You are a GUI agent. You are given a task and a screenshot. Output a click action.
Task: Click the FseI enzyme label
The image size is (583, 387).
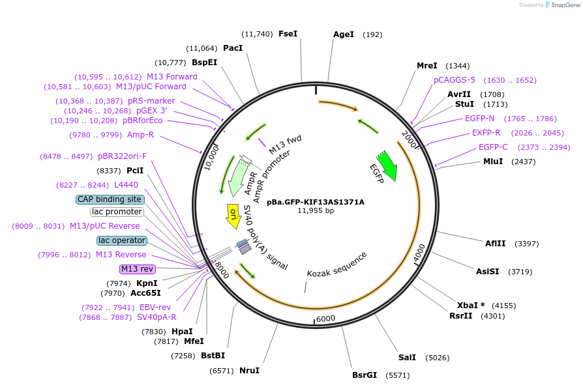click(x=288, y=34)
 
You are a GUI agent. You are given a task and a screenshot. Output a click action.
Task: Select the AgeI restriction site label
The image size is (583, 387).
click(x=344, y=35)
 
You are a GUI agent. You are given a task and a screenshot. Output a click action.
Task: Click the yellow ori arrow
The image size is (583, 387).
click(x=233, y=216)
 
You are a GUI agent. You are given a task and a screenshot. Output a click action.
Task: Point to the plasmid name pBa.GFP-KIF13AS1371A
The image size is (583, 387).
click(x=316, y=202)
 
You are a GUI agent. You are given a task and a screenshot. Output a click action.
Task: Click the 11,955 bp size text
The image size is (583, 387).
click(x=316, y=210)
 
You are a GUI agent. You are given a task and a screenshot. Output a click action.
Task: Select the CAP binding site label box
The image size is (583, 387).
click(x=110, y=199)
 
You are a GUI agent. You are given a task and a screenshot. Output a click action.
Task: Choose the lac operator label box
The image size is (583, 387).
click(x=122, y=240)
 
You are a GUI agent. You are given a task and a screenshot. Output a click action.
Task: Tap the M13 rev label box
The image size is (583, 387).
click(x=138, y=269)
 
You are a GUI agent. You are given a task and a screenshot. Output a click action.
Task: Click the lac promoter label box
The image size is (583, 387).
click(x=117, y=212)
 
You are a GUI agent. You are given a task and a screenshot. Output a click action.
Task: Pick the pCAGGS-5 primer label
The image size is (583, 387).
click(x=455, y=80)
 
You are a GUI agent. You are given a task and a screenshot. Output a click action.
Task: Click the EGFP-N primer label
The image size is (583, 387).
click(x=479, y=119)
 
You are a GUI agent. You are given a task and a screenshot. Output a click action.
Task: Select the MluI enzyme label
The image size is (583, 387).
click(x=492, y=162)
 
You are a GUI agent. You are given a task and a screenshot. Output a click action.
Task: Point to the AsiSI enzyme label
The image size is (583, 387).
click(x=487, y=272)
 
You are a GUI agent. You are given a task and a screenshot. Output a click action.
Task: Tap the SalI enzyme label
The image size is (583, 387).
click(x=407, y=358)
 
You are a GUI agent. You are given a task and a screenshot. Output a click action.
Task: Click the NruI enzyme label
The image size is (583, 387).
click(x=249, y=371)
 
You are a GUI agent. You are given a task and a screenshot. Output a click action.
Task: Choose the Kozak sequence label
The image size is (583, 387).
click(x=337, y=264)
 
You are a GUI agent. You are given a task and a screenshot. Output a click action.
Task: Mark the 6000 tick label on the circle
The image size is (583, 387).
click(x=325, y=319)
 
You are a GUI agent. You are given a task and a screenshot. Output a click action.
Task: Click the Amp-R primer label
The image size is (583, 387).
click(x=140, y=135)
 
